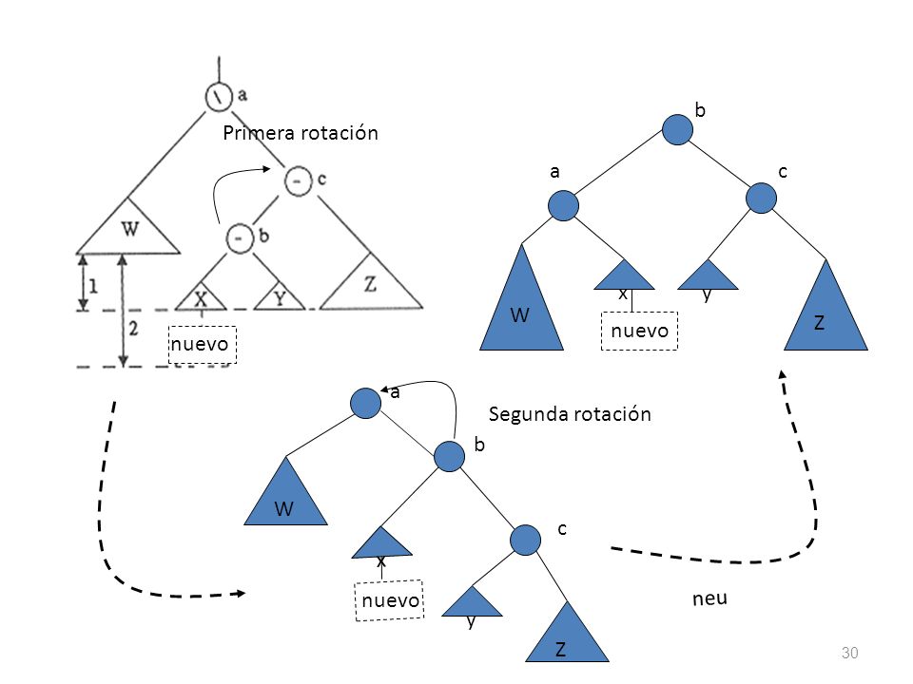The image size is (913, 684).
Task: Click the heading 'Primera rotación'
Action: tap(301, 133)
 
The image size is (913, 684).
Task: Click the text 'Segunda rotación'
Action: tap(570, 414)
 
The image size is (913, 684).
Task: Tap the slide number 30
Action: tap(849, 653)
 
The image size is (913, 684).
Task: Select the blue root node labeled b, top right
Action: tap(677, 130)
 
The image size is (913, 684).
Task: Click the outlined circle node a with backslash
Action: tap(219, 97)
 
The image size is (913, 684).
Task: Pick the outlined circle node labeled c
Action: tap(299, 180)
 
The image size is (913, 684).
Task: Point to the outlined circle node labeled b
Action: tap(240, 238)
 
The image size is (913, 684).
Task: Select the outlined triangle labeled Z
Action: tap(371, 281)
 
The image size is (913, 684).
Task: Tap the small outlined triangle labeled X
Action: tap(201, 297)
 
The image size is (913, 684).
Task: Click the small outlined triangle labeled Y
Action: tap(280, 297)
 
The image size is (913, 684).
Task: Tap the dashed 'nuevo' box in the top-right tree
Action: tap(639, 331)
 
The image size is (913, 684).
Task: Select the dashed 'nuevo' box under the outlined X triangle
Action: tap(202, 345)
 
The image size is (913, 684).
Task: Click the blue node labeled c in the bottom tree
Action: tap(525, 540)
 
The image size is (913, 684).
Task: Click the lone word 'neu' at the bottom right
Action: tap(709, 598)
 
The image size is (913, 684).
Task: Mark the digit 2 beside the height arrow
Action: tap(133, 329)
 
